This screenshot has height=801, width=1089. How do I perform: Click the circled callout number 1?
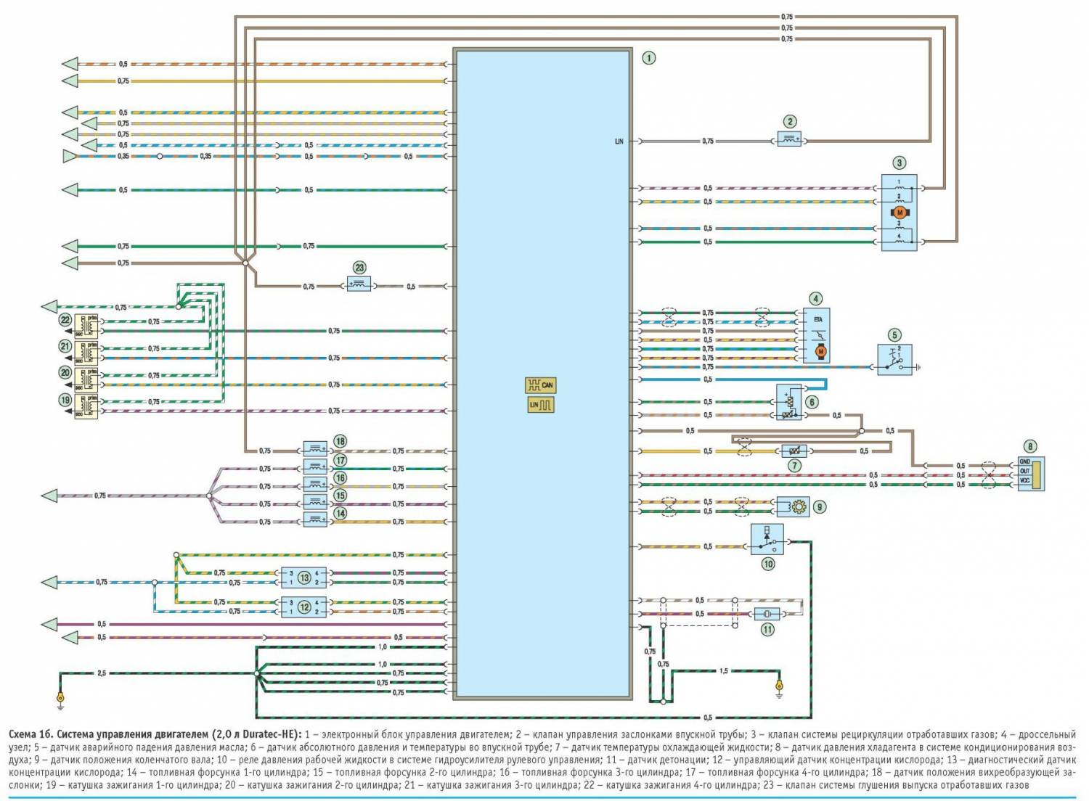[x=648, y=57]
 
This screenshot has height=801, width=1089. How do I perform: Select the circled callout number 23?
[x=359, y=268]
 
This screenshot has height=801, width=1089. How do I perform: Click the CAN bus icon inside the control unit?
[x=540, y=385]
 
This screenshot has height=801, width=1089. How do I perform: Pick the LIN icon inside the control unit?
[x=540, y=405]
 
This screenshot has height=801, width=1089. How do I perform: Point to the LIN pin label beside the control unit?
[x=619, y=141]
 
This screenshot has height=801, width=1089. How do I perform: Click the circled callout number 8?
[x=1029, y=446]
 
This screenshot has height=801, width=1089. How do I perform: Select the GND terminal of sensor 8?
[x=1025, y=461]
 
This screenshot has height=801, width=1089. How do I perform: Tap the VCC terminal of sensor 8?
[x=1025, y=480]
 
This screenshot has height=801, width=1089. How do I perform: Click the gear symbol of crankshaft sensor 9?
[x=799, y=507]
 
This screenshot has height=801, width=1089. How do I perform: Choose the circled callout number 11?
[x=767, y=630]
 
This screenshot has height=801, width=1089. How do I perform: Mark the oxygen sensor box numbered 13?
[x=304, y=578]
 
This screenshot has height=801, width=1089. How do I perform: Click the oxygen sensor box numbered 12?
[x=304, y=607]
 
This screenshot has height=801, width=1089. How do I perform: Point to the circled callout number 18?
[x=339, y=441]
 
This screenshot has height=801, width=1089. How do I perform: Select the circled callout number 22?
[x=65, y=320]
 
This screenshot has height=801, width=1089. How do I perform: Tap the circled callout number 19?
[x=65, y=399]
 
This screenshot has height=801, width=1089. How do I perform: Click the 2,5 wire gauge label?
[x=101, y=673]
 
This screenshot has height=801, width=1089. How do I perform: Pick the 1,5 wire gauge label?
[x=723, y=671]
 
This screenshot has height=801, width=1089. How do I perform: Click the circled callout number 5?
[x=894, y=335]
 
